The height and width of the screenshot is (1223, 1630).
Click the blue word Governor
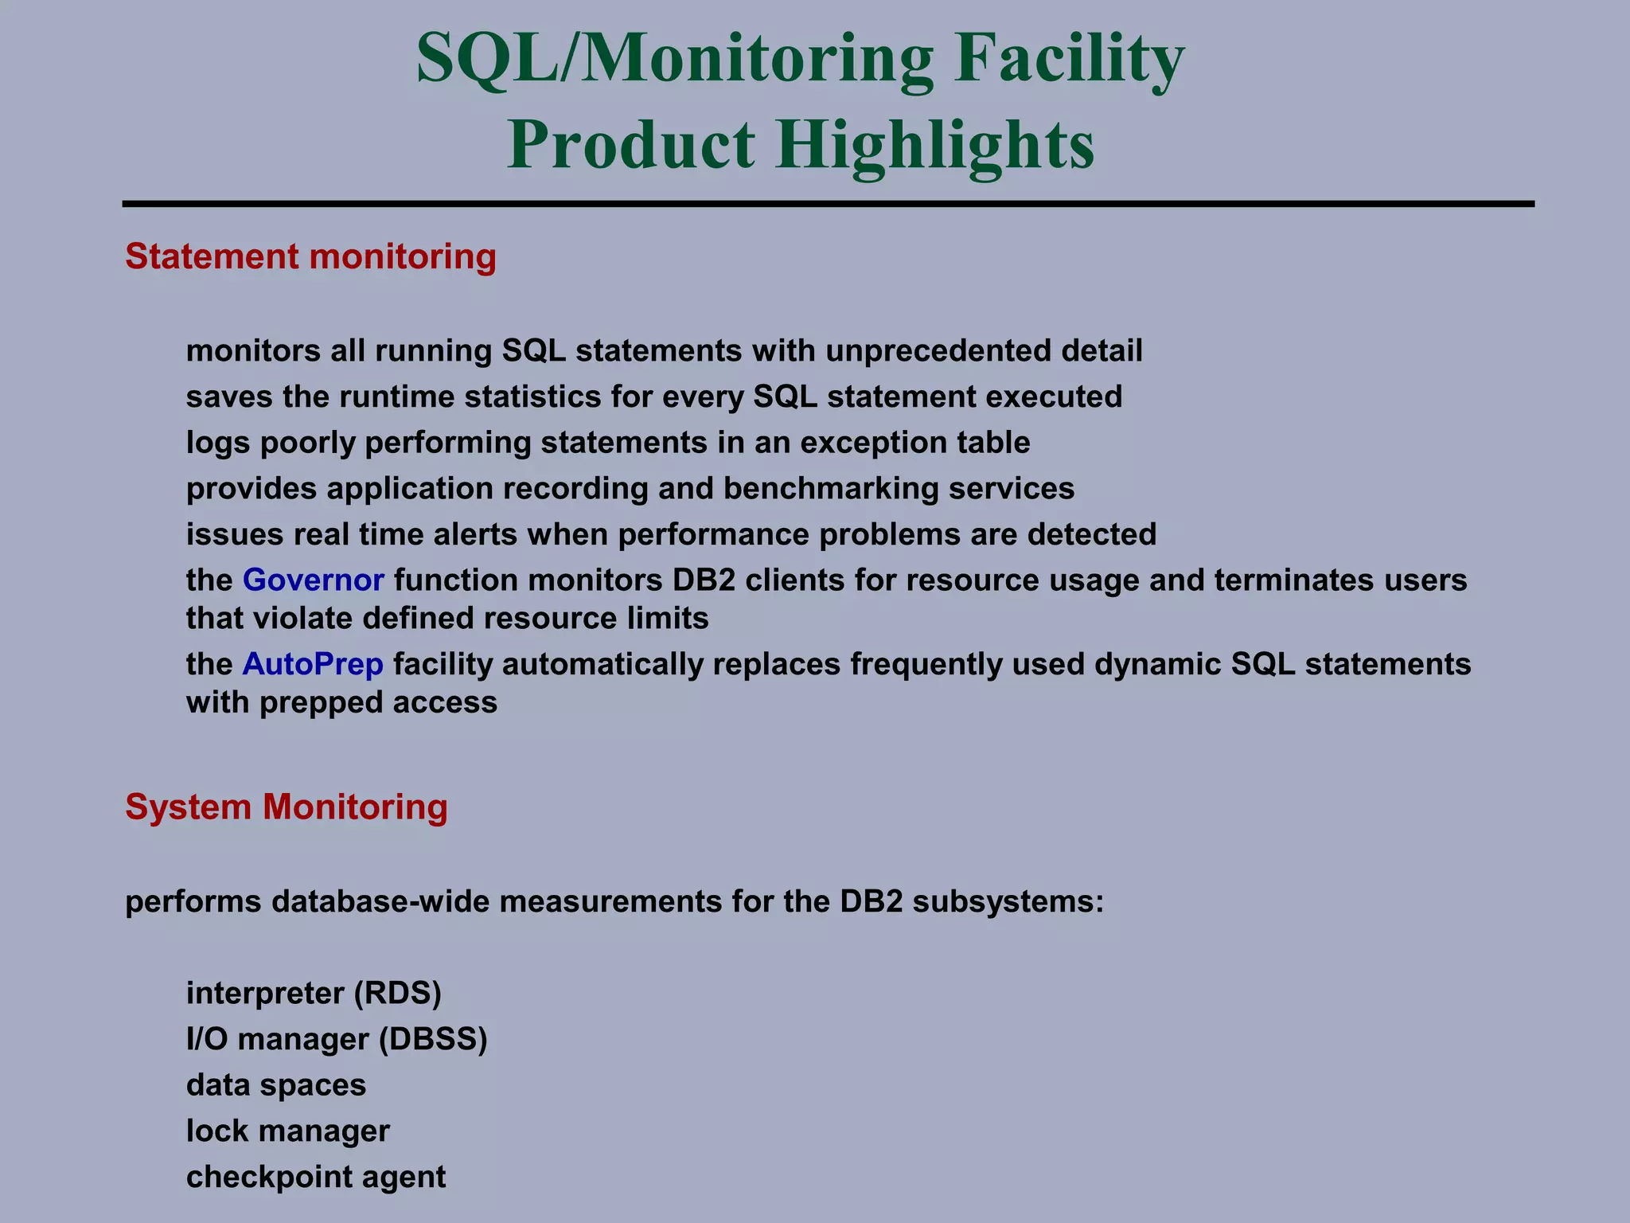click(x=313, y=580)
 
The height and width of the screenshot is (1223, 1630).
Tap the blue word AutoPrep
click(x=313, y=664)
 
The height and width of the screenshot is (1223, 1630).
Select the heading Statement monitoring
click(x=310, y=257)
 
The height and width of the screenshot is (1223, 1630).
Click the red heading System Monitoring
click(x=287, y=807)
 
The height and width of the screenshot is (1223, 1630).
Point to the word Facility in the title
click(x=1070, y=60)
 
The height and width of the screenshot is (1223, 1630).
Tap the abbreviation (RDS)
click(x=397, y=993)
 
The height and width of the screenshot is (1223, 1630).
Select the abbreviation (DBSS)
click(x=432, y=1039)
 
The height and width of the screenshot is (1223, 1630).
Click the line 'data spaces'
click(x=276, y=1085)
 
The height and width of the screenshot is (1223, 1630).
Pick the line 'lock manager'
click(x=288, y=1131)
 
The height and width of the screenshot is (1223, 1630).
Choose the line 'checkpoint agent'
click(x=316, y=1177)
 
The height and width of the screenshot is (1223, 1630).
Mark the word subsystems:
click(x=1008, y=902)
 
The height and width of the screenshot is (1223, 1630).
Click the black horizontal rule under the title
click(x=828, y=205)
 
